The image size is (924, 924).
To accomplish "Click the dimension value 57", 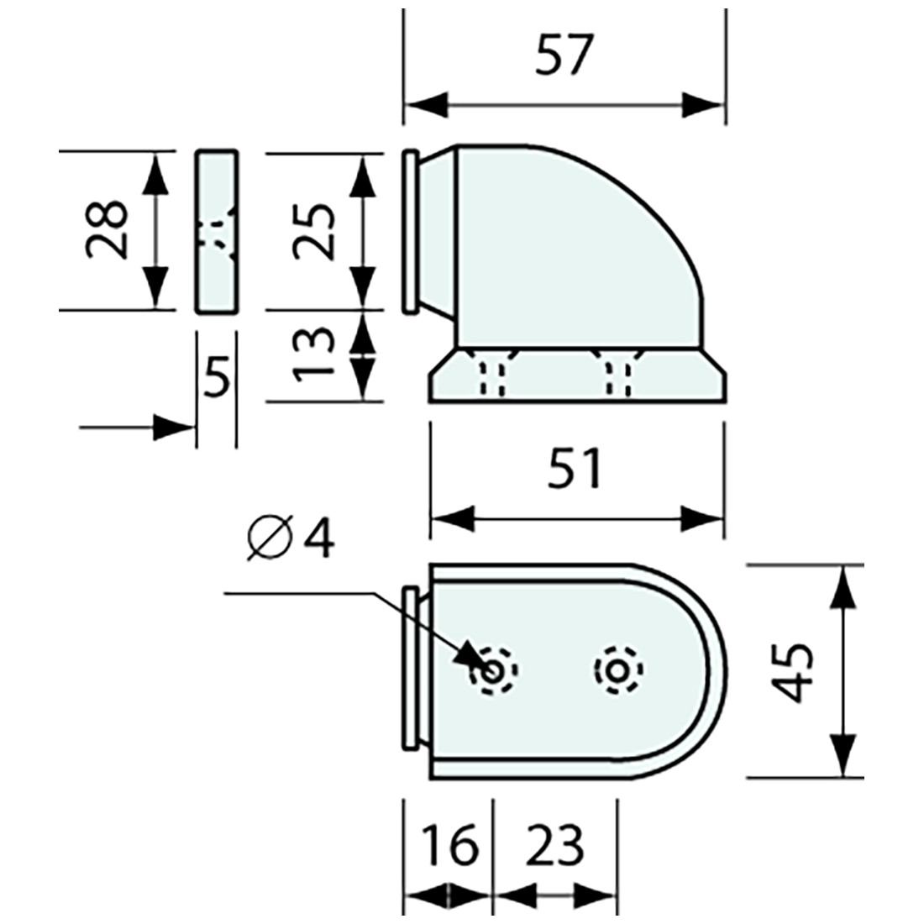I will pyautogui.click(x=564, y=56).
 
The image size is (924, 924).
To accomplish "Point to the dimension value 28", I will pyautogui.click(x=108, y=229).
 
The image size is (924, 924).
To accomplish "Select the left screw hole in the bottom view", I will pyautogui.click(x=494, y=670).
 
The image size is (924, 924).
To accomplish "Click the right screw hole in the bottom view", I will pyautogui.click(x=618, y=670).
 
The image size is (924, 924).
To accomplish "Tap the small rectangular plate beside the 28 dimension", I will pyautogui.click(x=217, y=231).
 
